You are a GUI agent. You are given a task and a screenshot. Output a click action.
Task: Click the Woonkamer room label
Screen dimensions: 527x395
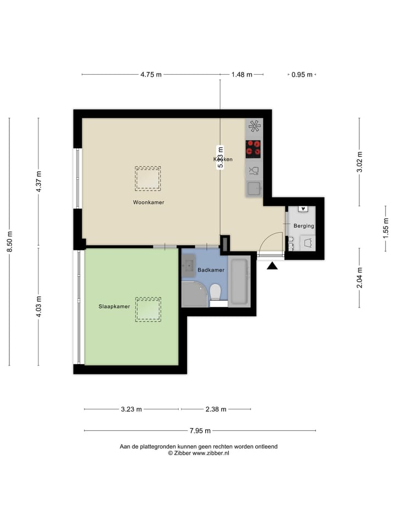tap(148, 203)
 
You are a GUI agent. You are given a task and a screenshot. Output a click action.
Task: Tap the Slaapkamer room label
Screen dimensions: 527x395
tap(114, 306)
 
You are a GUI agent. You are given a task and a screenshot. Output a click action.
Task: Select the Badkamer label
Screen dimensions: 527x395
tap(211, 270)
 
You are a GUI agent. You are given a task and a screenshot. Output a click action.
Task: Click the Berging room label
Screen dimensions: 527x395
tap(303, 226)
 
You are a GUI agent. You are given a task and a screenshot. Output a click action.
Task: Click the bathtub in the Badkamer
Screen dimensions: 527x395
tap(239, 281)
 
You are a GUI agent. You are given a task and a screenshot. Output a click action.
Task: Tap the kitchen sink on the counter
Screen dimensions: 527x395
tap(254, 188)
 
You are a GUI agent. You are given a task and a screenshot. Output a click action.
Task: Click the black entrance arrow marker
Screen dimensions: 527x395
tap(272, 266)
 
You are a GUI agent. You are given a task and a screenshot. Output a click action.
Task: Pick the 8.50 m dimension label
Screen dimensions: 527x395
tap(9, 242)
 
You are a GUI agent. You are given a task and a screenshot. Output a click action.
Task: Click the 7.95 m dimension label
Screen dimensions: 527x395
tap(200, 431)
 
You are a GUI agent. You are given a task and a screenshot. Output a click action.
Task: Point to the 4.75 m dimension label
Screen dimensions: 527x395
tap(151, 75)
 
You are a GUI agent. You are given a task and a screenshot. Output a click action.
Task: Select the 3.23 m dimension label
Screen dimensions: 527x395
tap(131, 409)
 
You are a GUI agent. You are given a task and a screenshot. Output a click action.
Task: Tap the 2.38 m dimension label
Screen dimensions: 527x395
tap(216, 409)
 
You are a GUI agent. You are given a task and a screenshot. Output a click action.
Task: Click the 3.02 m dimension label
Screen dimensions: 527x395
tap(359, 162)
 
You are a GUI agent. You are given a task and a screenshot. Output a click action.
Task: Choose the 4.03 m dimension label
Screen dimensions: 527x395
tap(38, 306)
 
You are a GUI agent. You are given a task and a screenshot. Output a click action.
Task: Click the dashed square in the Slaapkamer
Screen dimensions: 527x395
tap(148, 309)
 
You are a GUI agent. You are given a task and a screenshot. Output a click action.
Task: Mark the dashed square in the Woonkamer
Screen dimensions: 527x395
tap(148, 178)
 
